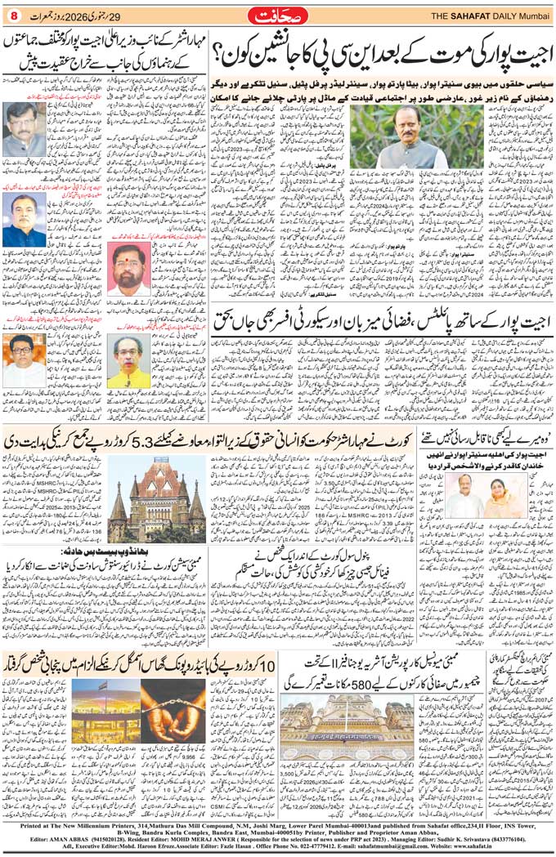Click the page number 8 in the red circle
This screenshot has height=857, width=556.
point(12,13)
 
